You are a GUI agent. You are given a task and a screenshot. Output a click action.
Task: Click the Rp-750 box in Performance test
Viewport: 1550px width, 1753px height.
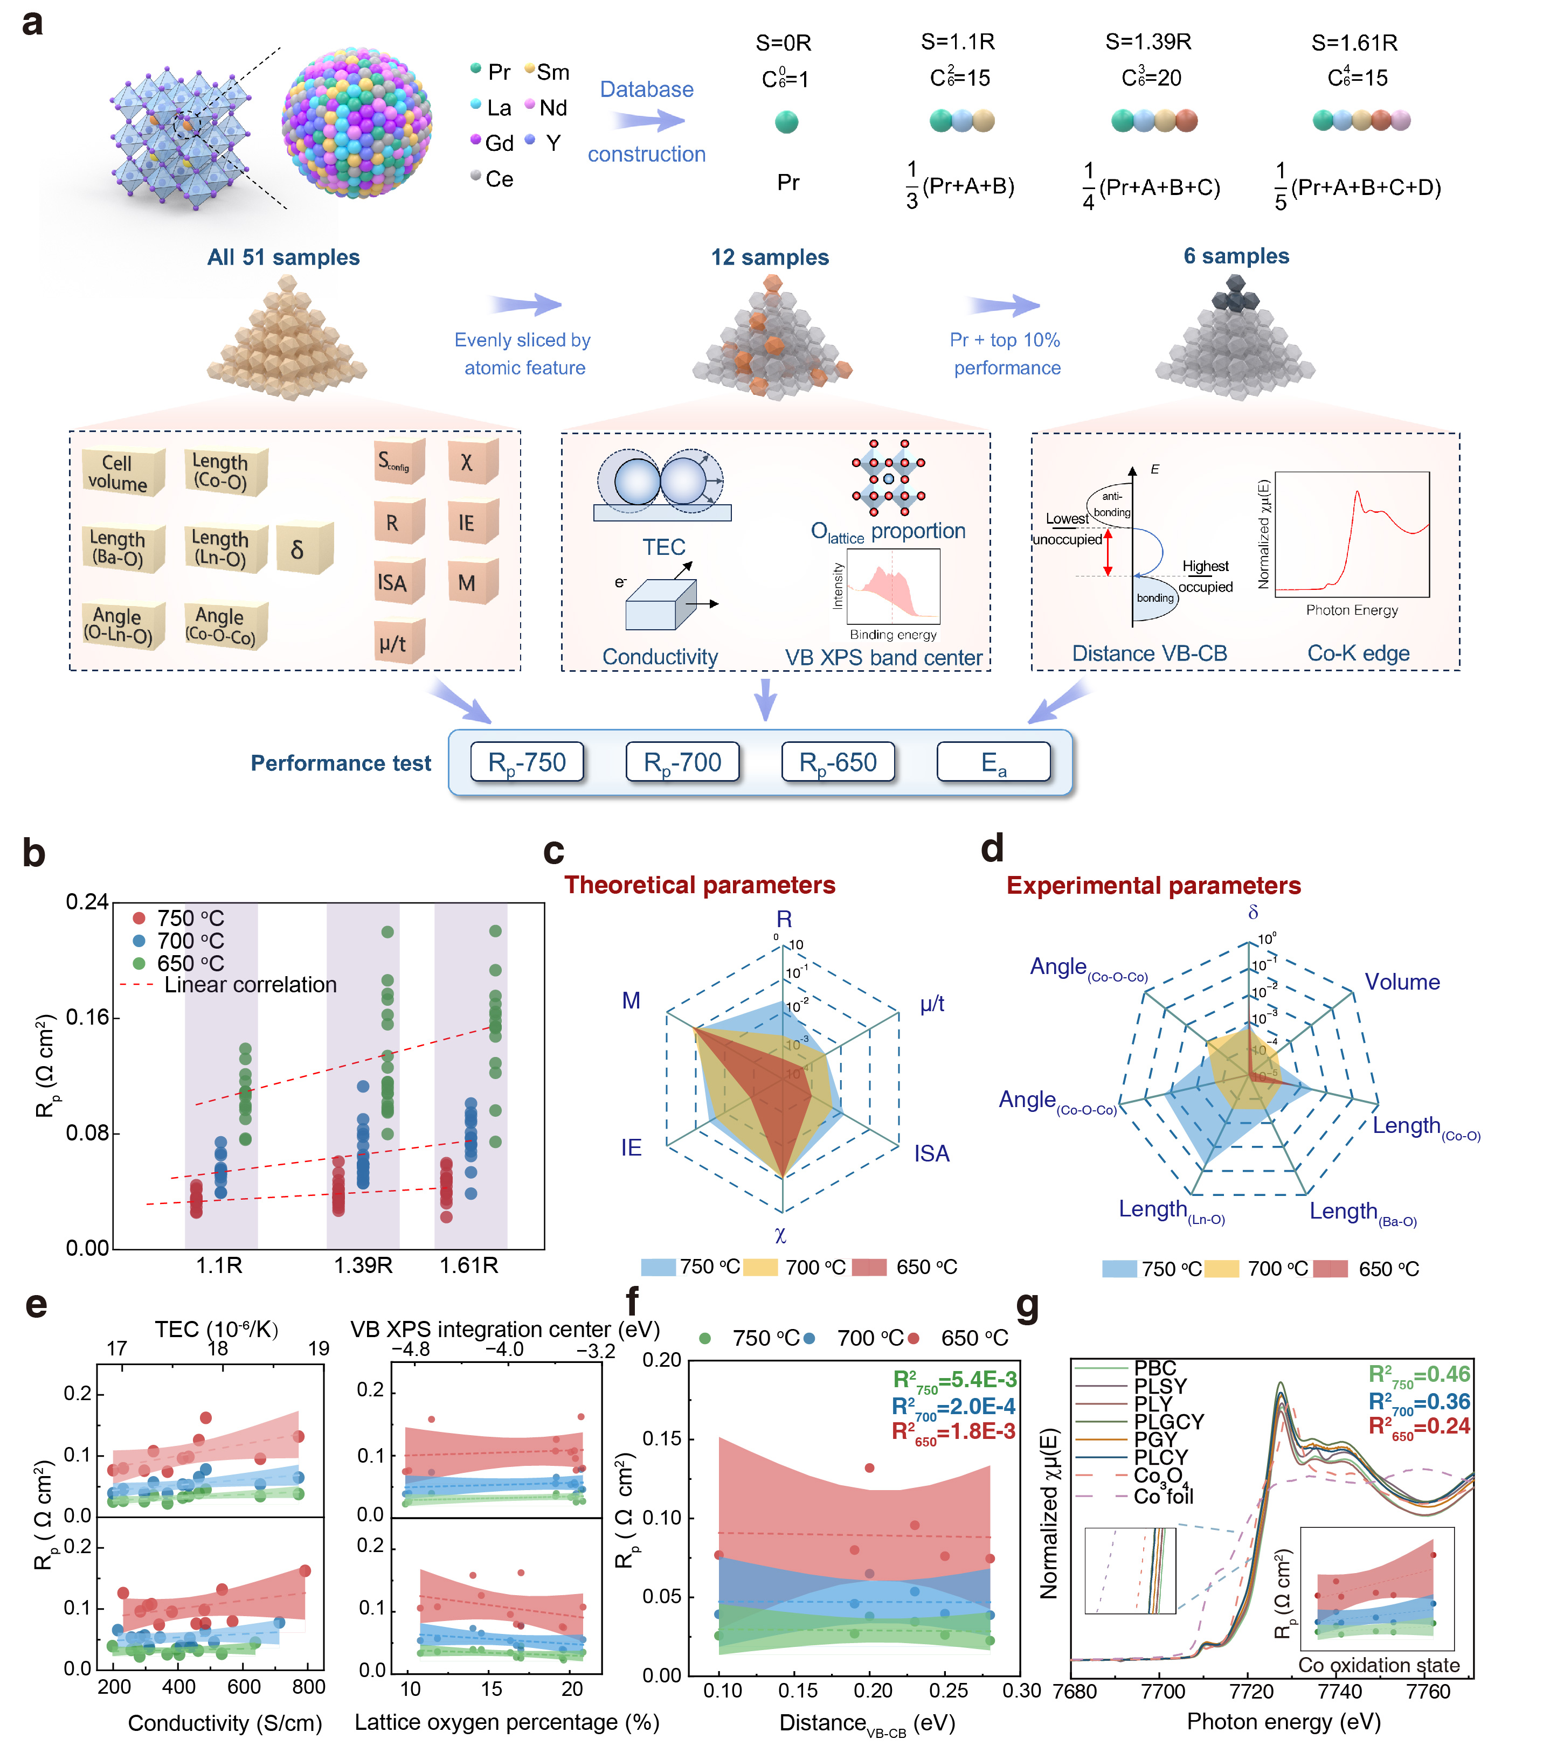(527, 762)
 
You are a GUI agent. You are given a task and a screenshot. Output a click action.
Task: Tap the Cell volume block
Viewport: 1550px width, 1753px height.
(119, 472)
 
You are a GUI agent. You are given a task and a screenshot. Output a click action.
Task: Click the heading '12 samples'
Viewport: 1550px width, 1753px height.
(770, 258)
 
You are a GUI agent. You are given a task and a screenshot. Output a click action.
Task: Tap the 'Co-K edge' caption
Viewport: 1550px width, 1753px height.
(1358, 653)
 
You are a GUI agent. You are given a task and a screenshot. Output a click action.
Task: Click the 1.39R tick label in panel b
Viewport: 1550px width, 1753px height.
(362, 1265)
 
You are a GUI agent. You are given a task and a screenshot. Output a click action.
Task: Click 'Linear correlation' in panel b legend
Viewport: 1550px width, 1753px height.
(251, 985)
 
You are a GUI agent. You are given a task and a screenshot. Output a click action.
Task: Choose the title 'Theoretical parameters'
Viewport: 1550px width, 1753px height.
(699, 885)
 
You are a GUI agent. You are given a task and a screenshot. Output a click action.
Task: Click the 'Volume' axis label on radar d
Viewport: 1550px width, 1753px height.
(1402, 982)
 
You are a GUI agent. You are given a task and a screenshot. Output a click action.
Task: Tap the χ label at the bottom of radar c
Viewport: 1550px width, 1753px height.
(780, 1235)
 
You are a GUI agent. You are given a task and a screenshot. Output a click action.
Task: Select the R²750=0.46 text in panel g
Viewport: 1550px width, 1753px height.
(1418, 1375)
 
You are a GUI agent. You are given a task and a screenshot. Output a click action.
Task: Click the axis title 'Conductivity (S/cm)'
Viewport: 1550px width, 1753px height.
(225, 1723)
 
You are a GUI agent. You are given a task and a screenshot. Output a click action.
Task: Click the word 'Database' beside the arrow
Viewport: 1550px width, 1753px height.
(646, 89)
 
